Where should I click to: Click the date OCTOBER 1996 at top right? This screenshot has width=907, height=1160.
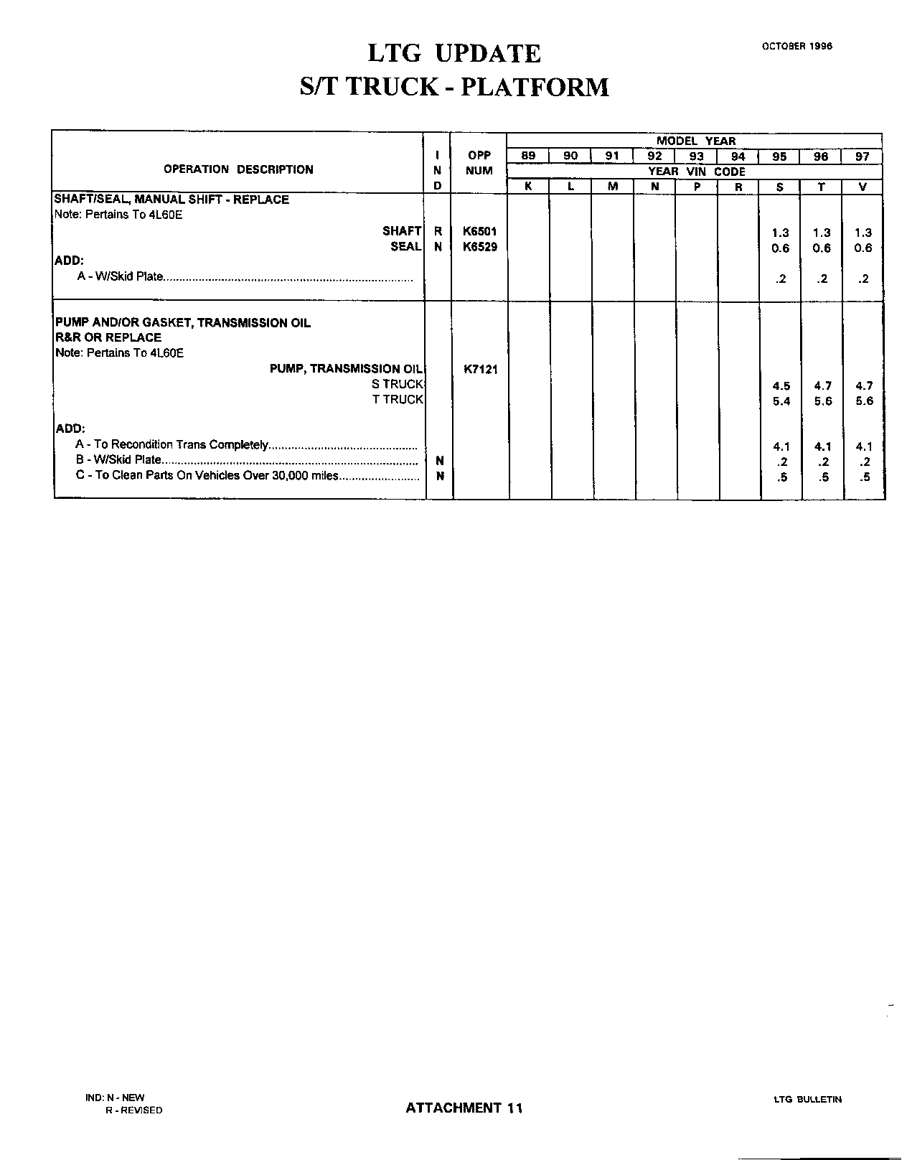coord(796,46)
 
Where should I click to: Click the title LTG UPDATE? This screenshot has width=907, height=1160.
coord(454,54)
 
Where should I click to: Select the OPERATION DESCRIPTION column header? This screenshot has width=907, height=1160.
coord(238,169)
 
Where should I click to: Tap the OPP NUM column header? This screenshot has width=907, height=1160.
coord(479,163)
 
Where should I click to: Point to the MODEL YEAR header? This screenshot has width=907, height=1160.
coord(695,141)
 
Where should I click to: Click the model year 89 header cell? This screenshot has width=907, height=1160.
coord(527,156)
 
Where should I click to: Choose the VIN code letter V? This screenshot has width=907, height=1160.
coord(863,187)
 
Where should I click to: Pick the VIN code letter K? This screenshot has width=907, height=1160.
coord(527,187)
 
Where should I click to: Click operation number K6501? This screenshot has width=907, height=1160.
coord(479,231)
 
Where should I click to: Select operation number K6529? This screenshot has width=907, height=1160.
coord(479,247)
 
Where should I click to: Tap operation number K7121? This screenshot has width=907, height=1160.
coord(480,370)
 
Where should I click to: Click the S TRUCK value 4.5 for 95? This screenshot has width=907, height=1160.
coord(781,386)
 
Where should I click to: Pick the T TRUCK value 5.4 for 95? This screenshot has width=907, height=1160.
coord(781,401)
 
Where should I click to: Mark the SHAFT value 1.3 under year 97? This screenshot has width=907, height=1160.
coord(863,233)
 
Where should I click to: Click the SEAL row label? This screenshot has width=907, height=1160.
coord(405,247)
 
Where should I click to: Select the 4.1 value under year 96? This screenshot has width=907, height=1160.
coord(822,446)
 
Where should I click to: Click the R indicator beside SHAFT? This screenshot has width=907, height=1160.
coord(438,231)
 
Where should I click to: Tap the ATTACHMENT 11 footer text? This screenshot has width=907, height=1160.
coord(464,1108)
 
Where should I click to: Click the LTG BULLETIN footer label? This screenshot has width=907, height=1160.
coord(807,1099)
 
